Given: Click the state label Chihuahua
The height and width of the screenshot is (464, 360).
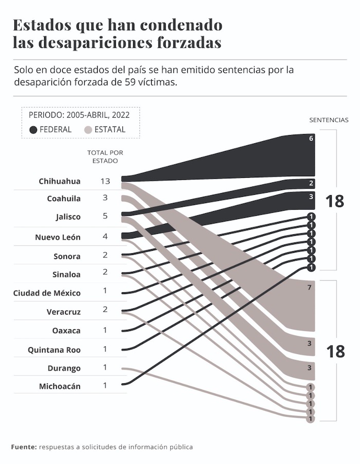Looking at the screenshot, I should click(x=60, y=181).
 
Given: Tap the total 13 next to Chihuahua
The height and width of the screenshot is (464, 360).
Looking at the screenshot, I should click(x=105, y=181).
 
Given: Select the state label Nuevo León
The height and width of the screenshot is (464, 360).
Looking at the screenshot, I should click(x=58, y=237).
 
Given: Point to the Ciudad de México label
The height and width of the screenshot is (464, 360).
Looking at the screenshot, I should click(x=47, y=293).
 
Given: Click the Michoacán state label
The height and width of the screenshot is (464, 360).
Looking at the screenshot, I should click(x=60, y=386).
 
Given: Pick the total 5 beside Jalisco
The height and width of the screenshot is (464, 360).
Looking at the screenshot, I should click(x=105, y=216).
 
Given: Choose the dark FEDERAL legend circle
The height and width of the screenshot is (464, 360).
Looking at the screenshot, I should click(x=33, y=130).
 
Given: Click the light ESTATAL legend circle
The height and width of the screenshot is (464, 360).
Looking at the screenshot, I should click(x=88, y=130).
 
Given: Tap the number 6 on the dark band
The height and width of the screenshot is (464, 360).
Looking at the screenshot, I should click(x=311, y=139).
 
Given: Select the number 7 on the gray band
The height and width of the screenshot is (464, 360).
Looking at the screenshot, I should click(x=310, y=288).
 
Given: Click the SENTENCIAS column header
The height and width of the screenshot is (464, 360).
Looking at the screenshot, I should click(x=329, y=120).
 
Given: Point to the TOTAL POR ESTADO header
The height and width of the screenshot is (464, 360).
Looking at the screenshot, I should click(x=105, y=157).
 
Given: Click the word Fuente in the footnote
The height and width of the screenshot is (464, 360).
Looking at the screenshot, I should click(x=24, y=447).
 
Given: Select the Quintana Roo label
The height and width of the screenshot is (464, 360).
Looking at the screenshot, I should click(x=54, y=350).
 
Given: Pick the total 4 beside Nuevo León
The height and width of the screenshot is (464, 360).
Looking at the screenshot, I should click(x=105, y=237).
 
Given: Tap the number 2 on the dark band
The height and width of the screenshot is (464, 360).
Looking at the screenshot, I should click(x=311, y=183).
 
